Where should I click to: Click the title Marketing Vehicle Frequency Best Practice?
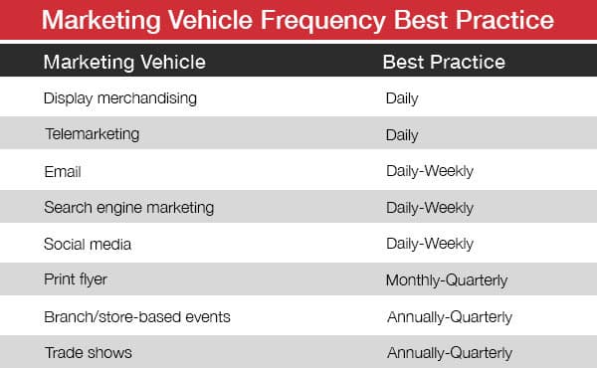[x=298, y=20]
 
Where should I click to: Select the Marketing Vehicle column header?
[x=124, y=62]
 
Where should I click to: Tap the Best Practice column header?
[x=444, y=62]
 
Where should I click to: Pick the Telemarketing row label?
[x=91, y=134]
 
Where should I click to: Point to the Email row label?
[x=62, y=171]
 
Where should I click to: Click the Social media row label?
[x=88, y=244]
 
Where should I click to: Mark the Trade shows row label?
[x=88, y=352]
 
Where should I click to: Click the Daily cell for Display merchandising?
[x=402, y=98]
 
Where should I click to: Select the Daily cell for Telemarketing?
[x=402, y=134]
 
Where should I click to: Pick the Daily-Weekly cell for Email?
[x=430, y=171]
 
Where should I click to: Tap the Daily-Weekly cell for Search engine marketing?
[x=430, y=207]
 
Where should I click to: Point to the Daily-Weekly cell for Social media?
[x=430, y=244]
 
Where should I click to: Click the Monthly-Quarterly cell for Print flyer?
[x=449, y=280]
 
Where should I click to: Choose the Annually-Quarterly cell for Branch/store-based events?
[x=450, y=316]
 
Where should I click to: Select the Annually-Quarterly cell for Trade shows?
[x=450, y=352]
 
